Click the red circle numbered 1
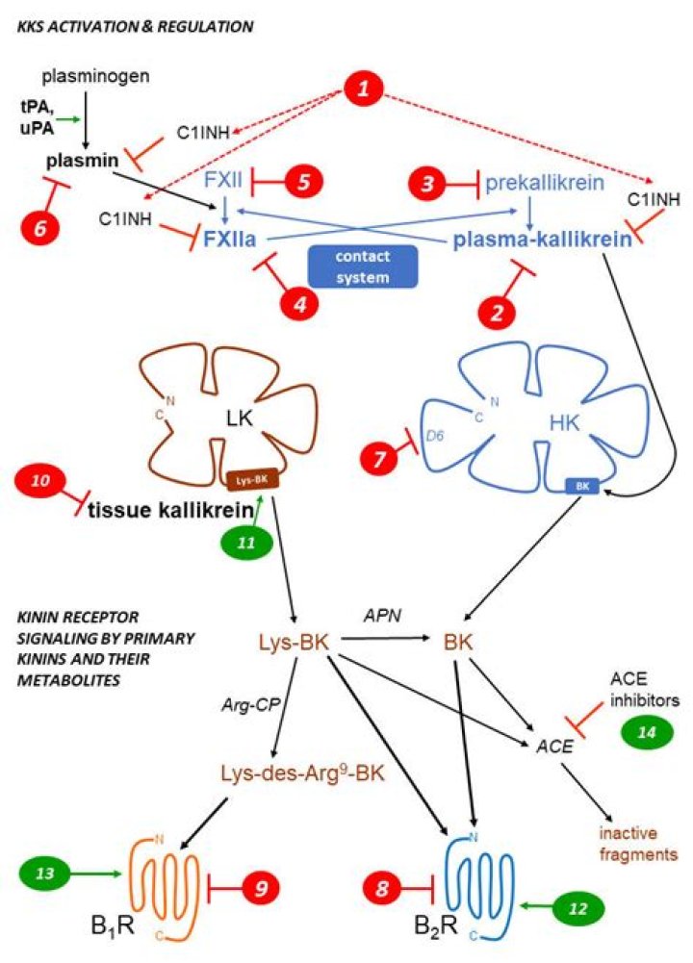pyautogui.click(x=363, y=89)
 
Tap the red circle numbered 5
pyautogui.click(x=303, y=181)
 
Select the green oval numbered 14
pyautogui.click(x=647, y=732)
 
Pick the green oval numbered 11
pyautogui.click(x=246, y=543)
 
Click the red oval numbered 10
pyautogui.click(x=40, y=480)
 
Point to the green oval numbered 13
pyautogui.click(x=45, y=873)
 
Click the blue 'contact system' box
pyautogui.click(x=363, y=266)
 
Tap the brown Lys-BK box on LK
pyautogui.click(x=252, y=480)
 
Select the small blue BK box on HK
pyautogui.click(x=582, y=486)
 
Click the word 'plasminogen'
pyautogui.click(x=95, y=77)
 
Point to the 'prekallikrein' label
pyautogui.click(x=545, y=183)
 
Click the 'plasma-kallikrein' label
pyautogui.click(x=543, y=240)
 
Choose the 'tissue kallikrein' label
pyautogui.click(x=170, y=511)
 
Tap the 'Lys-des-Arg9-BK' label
pyautogui.click(x=302, y=772)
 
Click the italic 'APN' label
pyautogui.click(x=382, y=615)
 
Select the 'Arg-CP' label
pyautogui.click(x=250, y=704)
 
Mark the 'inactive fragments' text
pyautogui.click(x=638, y=844)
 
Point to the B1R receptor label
pyautogui.click(x=113, y=925)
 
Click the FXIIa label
pyautogui.click(x=230, y=239)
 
